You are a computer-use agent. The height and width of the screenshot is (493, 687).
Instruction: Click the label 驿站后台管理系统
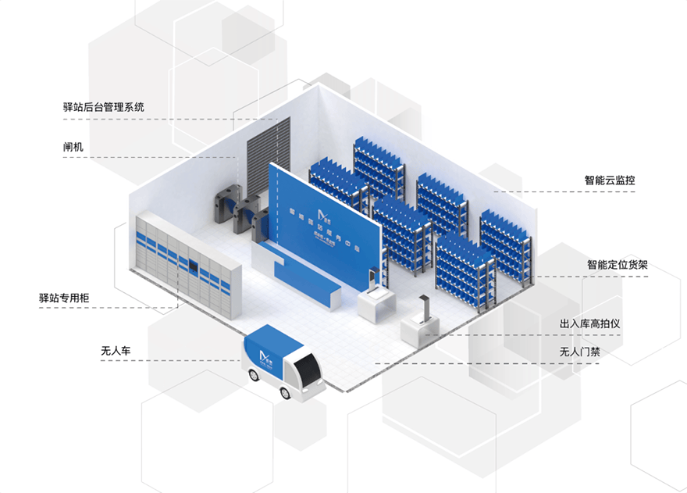pyautogui.click(x=103, y=107)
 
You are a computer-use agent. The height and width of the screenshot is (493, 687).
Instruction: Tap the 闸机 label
pyautogui.click(x=73, y=146)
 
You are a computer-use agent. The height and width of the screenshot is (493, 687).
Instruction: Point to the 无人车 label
pyautogui.click(x=115, y=350)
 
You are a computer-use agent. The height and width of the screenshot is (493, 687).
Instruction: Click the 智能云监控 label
pyautogui.click(x=610, y=180)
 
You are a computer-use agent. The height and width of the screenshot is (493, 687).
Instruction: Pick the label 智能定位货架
pyautogui.click(x=616, y=265)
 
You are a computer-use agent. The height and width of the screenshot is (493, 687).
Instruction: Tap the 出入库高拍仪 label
pyautogui.click(x=589, y=323)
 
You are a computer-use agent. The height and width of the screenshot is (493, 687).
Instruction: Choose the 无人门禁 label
pyautogui.click(x=580, y=351)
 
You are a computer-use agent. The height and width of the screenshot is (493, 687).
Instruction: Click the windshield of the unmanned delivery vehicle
pyautogui.click(x=309, y=366)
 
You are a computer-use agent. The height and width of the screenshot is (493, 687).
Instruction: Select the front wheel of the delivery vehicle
pyautogui.click(x=287, y=393)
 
